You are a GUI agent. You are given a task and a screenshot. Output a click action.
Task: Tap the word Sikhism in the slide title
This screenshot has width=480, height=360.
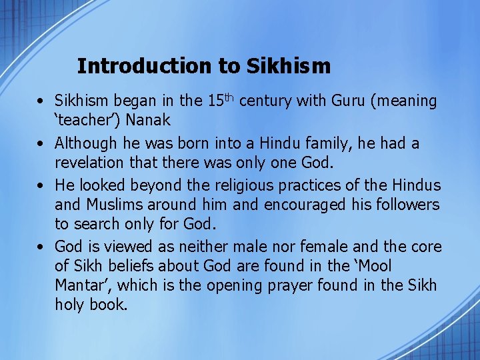pos(288,66)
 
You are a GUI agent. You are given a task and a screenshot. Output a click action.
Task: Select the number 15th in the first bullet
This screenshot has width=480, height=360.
pos(219,101)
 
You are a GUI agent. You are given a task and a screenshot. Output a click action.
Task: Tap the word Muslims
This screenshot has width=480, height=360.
pos(115,205)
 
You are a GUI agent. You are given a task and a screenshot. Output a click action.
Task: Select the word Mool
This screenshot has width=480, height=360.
pos(374,267)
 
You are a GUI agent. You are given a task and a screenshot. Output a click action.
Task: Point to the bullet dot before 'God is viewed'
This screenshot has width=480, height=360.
pos(41,247)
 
